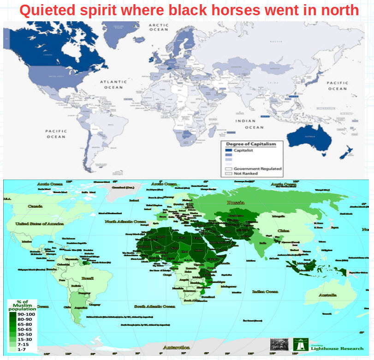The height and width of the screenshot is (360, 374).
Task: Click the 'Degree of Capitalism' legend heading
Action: pyautogui.click(x=251, y=144)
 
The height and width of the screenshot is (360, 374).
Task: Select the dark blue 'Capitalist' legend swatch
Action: pyautogui.click(x=228, y=150)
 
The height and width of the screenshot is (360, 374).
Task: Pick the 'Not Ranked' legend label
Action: pyautogui.click(x=245, y=174)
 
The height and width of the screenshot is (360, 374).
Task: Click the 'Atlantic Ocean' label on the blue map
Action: pyautogui.click(x=112, y=84)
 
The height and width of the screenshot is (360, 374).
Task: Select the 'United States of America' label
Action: pyautogui.click(x=40, y=223)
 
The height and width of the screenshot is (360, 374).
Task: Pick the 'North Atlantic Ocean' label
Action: pyautogui.click(x=125, y=222)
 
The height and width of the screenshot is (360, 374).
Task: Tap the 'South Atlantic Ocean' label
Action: pyautogui.click(x=154, y=306)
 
